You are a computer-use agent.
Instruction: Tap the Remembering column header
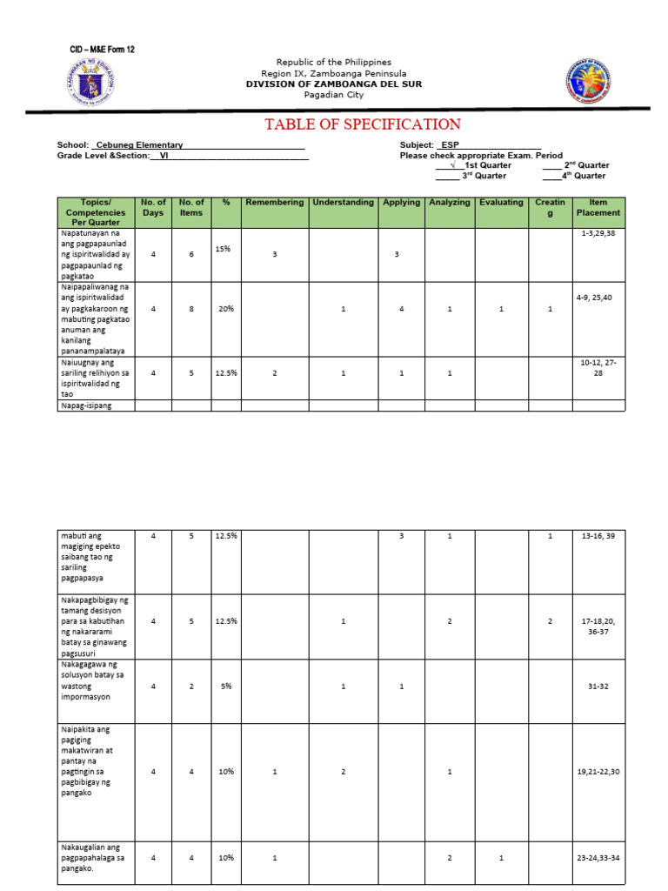(x=274, y=203)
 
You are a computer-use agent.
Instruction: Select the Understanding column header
(x=344, y=203)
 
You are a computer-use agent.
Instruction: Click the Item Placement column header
(x=598, y=207)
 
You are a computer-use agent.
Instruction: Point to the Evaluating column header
(x=501, y=203)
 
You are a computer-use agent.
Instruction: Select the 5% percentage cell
(x=225, y=686)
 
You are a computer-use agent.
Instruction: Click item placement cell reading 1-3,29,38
(x=599, y=234)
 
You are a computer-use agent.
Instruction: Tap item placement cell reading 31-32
(x=598, y=686)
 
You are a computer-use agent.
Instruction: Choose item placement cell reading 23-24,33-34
(x=598, y=858)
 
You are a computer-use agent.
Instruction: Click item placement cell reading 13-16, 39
(x=598, y=536)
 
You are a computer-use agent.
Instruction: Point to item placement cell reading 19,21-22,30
(x=598, y=772)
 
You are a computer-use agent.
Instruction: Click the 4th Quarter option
(x=574, y=176)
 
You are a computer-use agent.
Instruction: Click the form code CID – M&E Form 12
(x=101, y=50)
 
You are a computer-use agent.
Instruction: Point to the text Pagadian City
(x=333, y=96)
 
